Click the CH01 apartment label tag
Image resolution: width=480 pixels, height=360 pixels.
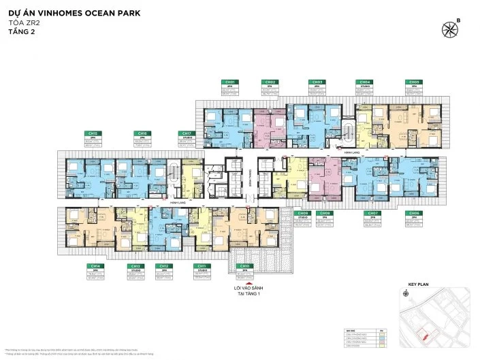click(231, 82)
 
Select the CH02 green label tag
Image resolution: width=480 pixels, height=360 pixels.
click(270, 82)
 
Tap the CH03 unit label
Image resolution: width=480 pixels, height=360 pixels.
click(317, 82)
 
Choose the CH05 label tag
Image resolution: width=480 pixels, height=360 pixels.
click(412, 82)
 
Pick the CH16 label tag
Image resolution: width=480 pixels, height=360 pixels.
click(142, 133)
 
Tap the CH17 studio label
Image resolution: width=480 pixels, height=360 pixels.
click(186, 133)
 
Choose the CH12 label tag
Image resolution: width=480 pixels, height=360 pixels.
click(162, 265)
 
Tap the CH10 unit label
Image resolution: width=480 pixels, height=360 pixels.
click(244, 265)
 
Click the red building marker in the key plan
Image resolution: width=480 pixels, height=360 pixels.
click(424, 334)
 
